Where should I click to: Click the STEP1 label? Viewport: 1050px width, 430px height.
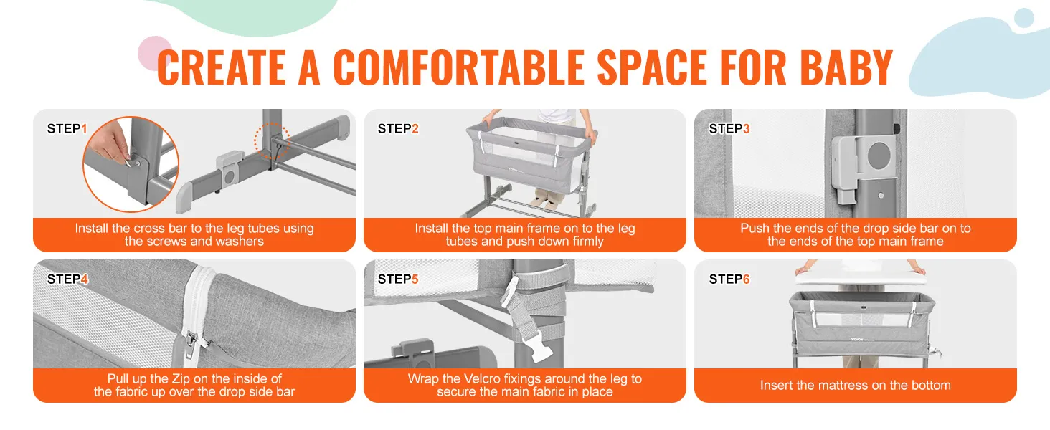click(67, 129)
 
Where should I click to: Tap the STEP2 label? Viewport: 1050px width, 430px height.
click(398, 129)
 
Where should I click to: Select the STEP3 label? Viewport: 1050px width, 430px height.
click(729, 129)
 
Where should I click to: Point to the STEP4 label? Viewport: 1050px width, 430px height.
click(67, 279)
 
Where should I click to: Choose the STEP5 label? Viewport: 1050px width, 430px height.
click(398, 279)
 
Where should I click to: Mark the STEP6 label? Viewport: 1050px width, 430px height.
click(729, 279)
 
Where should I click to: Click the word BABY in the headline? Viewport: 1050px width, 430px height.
click(846, 67)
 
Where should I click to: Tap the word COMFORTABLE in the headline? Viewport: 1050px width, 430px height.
click(459, 67)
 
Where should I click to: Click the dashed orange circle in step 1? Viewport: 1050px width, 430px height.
click(272, 140)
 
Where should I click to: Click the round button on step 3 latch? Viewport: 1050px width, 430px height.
click(879, 155)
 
